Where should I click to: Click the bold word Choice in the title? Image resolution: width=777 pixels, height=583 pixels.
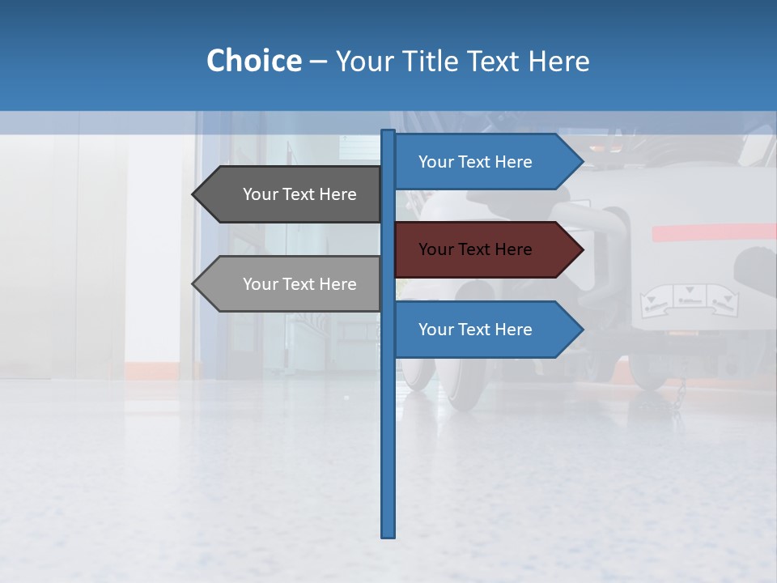(x=253, y=61)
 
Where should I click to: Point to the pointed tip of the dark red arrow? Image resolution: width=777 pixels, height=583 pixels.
(x=582, y=249)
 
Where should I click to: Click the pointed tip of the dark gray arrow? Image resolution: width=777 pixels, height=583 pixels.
(x=193, y=194)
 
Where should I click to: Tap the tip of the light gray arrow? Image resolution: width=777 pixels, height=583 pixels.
(x=193, y=284)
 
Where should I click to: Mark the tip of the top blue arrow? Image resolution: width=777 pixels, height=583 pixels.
(x=582, y=162)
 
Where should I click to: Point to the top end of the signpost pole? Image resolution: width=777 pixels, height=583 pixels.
(x=388, y=132)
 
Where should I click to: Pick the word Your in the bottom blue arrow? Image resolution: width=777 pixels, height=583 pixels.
(x=435, y=330)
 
